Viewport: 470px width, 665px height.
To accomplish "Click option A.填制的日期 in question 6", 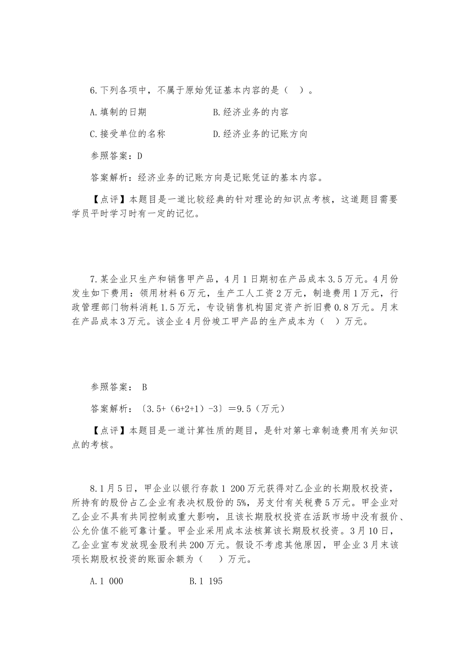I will pos(118,112).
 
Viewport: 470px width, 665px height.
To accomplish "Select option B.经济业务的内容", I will pos(250,112).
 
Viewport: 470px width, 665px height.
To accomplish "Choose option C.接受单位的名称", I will pos(128,134).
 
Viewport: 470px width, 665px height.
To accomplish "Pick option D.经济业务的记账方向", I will pos(260,134).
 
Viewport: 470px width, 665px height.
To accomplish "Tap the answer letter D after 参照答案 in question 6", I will pos(140,156).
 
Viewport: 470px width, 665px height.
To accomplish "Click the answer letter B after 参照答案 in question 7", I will pos(144,387).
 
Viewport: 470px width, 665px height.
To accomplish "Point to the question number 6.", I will pos(94,91).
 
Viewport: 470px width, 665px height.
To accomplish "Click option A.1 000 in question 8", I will pos(106,581).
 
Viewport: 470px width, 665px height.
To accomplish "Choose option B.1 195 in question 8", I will pos(206,581).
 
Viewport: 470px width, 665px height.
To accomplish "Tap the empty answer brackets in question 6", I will pos(294,91).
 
